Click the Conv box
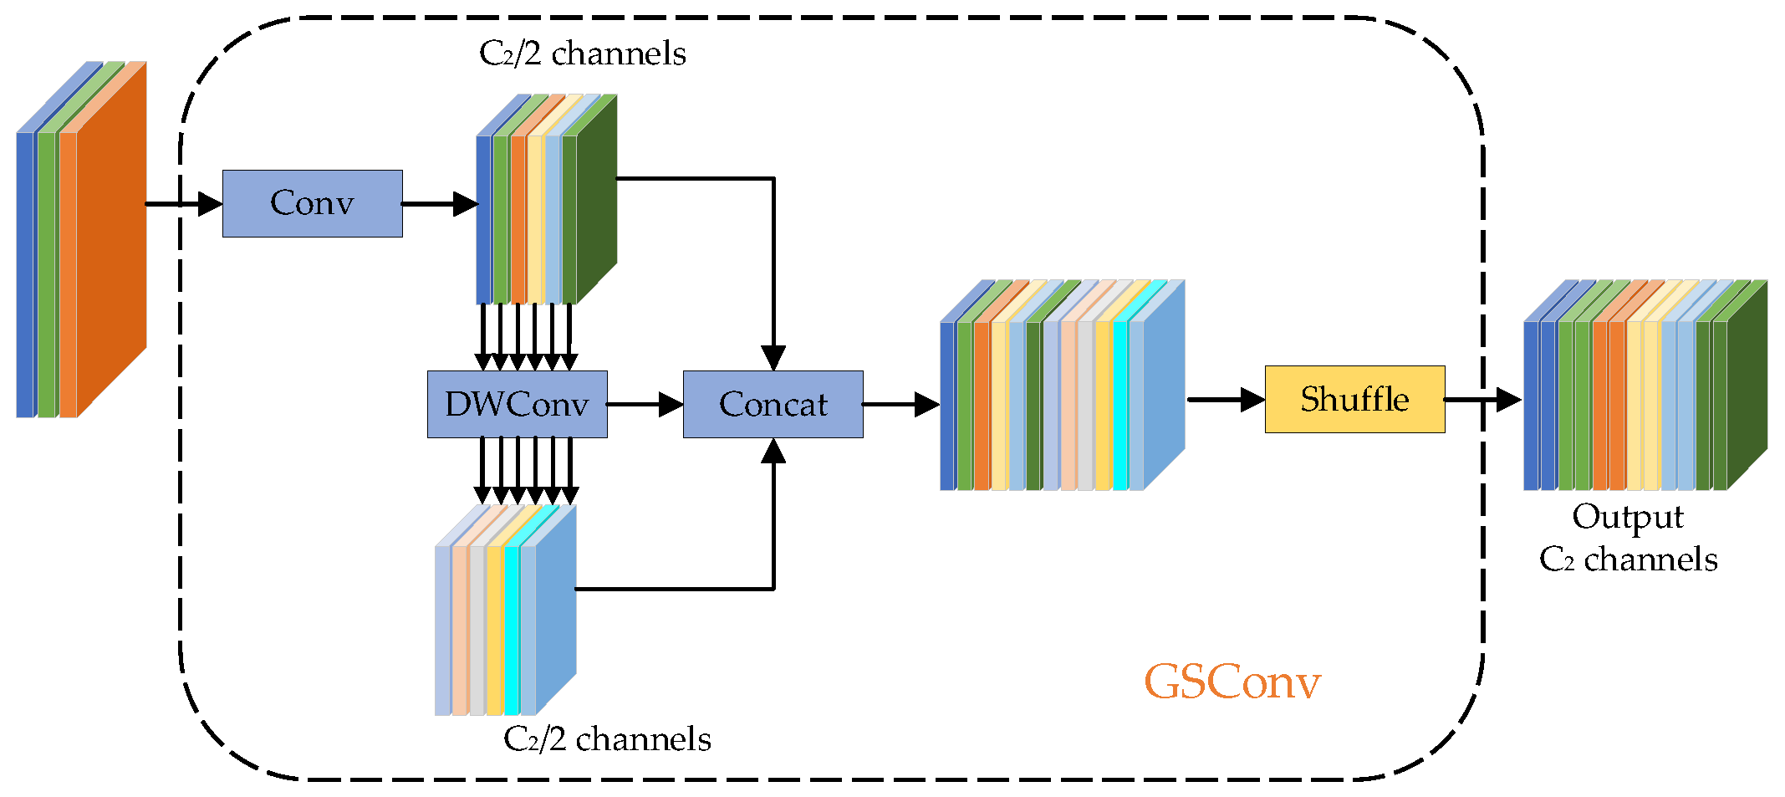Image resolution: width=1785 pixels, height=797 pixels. click(312, 203)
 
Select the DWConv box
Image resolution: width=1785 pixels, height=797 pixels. click(517, 404)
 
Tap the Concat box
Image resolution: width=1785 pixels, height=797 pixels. click(773, 404)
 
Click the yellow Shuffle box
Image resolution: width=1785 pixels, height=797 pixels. click(1354, 399)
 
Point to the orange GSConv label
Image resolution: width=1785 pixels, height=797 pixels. click(1232, 682)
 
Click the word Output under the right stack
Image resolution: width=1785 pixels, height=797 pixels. click(1627, 517)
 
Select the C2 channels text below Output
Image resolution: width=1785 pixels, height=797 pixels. click(1628, 559)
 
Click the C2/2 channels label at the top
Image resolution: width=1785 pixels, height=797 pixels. click(582, 54)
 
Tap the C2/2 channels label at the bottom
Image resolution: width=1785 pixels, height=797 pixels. click(607, 739)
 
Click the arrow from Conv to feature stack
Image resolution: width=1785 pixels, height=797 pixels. click(439, 203)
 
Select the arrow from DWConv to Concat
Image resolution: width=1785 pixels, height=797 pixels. click(645, 404)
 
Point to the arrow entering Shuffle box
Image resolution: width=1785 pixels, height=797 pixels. click(1226, 399)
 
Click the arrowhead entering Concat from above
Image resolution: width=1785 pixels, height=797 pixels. click(773, 357)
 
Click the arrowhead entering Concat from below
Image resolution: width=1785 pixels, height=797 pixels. click(773, 452)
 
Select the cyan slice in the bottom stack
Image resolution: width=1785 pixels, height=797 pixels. click(511, 627)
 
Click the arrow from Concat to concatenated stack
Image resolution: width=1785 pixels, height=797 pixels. click(900, 404)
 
